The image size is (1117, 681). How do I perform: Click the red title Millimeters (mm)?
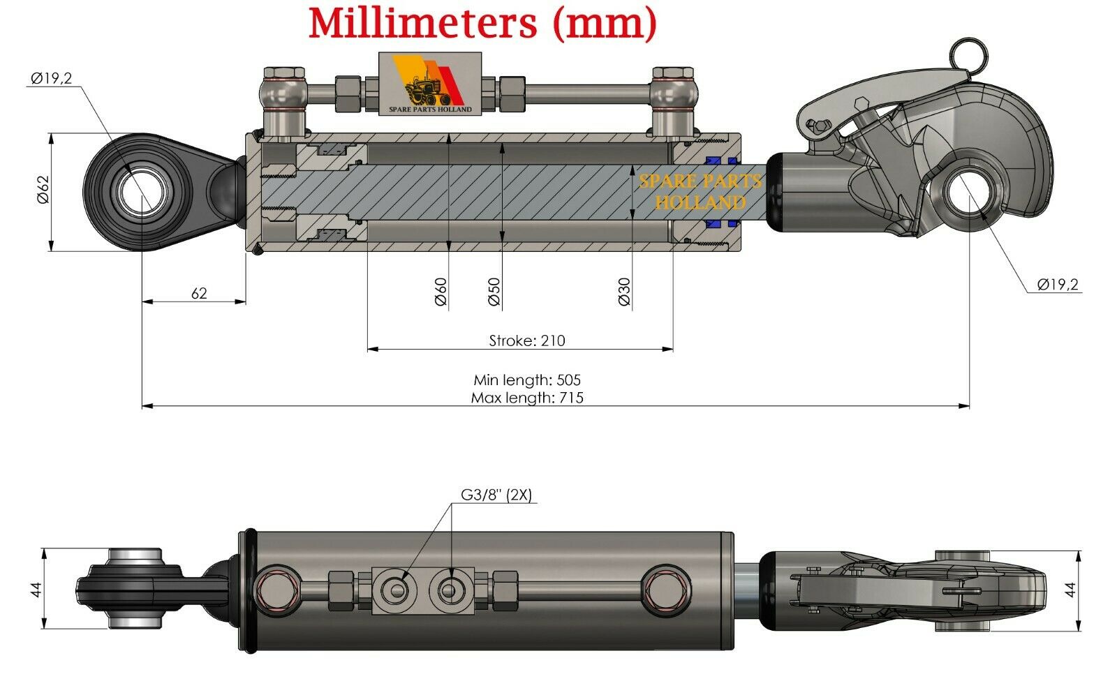tap(483, 24)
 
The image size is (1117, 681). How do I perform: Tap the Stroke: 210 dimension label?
tap(527, 340)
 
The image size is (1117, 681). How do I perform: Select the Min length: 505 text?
tap(527, 380)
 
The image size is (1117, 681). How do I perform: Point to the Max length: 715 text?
tap(527, 398)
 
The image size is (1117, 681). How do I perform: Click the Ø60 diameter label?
tap(441, 292)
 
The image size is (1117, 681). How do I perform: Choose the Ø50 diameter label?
tap(494, 292)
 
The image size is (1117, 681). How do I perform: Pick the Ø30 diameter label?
tap(624, 292)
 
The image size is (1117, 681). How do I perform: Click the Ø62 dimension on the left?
tap(43, 190)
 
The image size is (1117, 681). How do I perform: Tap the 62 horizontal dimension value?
tap(199, 293)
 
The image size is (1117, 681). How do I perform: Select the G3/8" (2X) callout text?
tap(496, 495)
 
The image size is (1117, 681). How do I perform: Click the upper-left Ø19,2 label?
tap(51, 78)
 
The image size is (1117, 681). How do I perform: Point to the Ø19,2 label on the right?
tap(1058, 284)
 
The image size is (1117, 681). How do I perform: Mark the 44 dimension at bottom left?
tap(36, 589)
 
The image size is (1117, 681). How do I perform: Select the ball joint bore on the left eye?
tap(142, 190)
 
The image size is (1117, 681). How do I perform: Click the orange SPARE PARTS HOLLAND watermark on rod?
tap(700, 192)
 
